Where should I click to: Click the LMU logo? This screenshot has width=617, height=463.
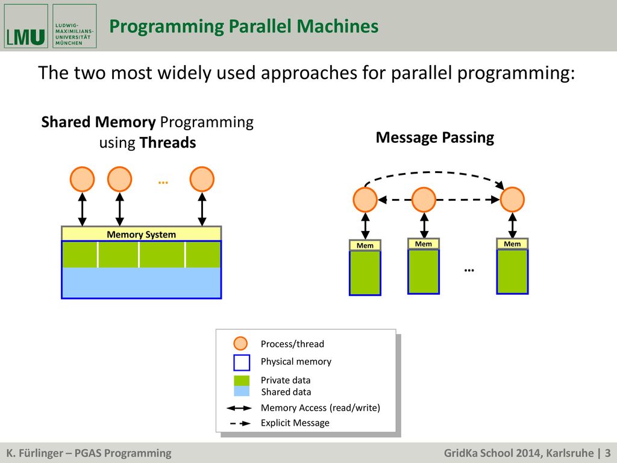[x=26, y=26]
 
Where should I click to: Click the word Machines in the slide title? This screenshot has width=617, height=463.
[x=337, y=26]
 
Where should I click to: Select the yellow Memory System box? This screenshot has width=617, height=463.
[x=141, y=234]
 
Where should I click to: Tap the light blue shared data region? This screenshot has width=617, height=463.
[x=141, y=282]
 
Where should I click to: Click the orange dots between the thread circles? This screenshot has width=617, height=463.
[x=163, y=182]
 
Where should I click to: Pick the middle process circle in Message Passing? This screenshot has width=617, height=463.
[x=424, y=200]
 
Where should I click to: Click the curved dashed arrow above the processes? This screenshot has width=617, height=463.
[x=434, y=172]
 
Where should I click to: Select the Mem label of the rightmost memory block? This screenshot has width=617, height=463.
[x=512, y=244]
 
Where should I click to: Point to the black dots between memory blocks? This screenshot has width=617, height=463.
[x=469, y=270]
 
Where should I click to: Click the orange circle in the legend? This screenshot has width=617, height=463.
[x=240, y=343]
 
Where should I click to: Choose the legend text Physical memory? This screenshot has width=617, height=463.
[x=296, y=362]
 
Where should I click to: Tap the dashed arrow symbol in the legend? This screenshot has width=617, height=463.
[x=240, y=424]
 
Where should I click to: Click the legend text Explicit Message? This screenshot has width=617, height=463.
[x=295, y=423]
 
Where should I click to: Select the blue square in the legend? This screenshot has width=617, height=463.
[x=242, y=362]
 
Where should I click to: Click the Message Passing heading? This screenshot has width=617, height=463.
[x=435, y=137]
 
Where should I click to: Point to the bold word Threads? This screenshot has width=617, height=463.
[x=168, y=142]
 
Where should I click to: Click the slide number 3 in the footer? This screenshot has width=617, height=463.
[x=608, y=453]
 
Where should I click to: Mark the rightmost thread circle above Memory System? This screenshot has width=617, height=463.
[x=202, y=179]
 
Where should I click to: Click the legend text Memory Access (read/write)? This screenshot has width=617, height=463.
[x=321, y=408]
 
